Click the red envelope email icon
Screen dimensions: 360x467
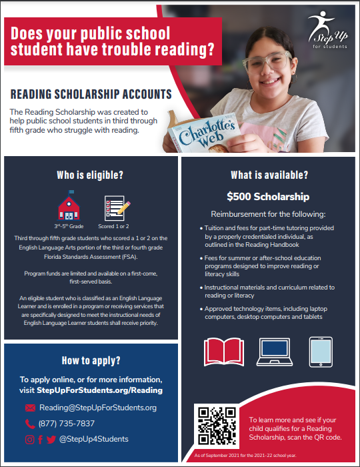coord(29,408)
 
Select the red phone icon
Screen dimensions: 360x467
coord(29,424)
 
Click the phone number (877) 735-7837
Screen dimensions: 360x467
coord(67,424)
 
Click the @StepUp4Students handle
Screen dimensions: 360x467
coord(93,439)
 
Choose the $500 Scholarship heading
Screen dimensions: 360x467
coord(267,197)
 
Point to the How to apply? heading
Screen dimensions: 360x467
coord(91,361)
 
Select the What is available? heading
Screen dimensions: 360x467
coord(269,175)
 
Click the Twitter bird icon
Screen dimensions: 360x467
coord(51,439)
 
